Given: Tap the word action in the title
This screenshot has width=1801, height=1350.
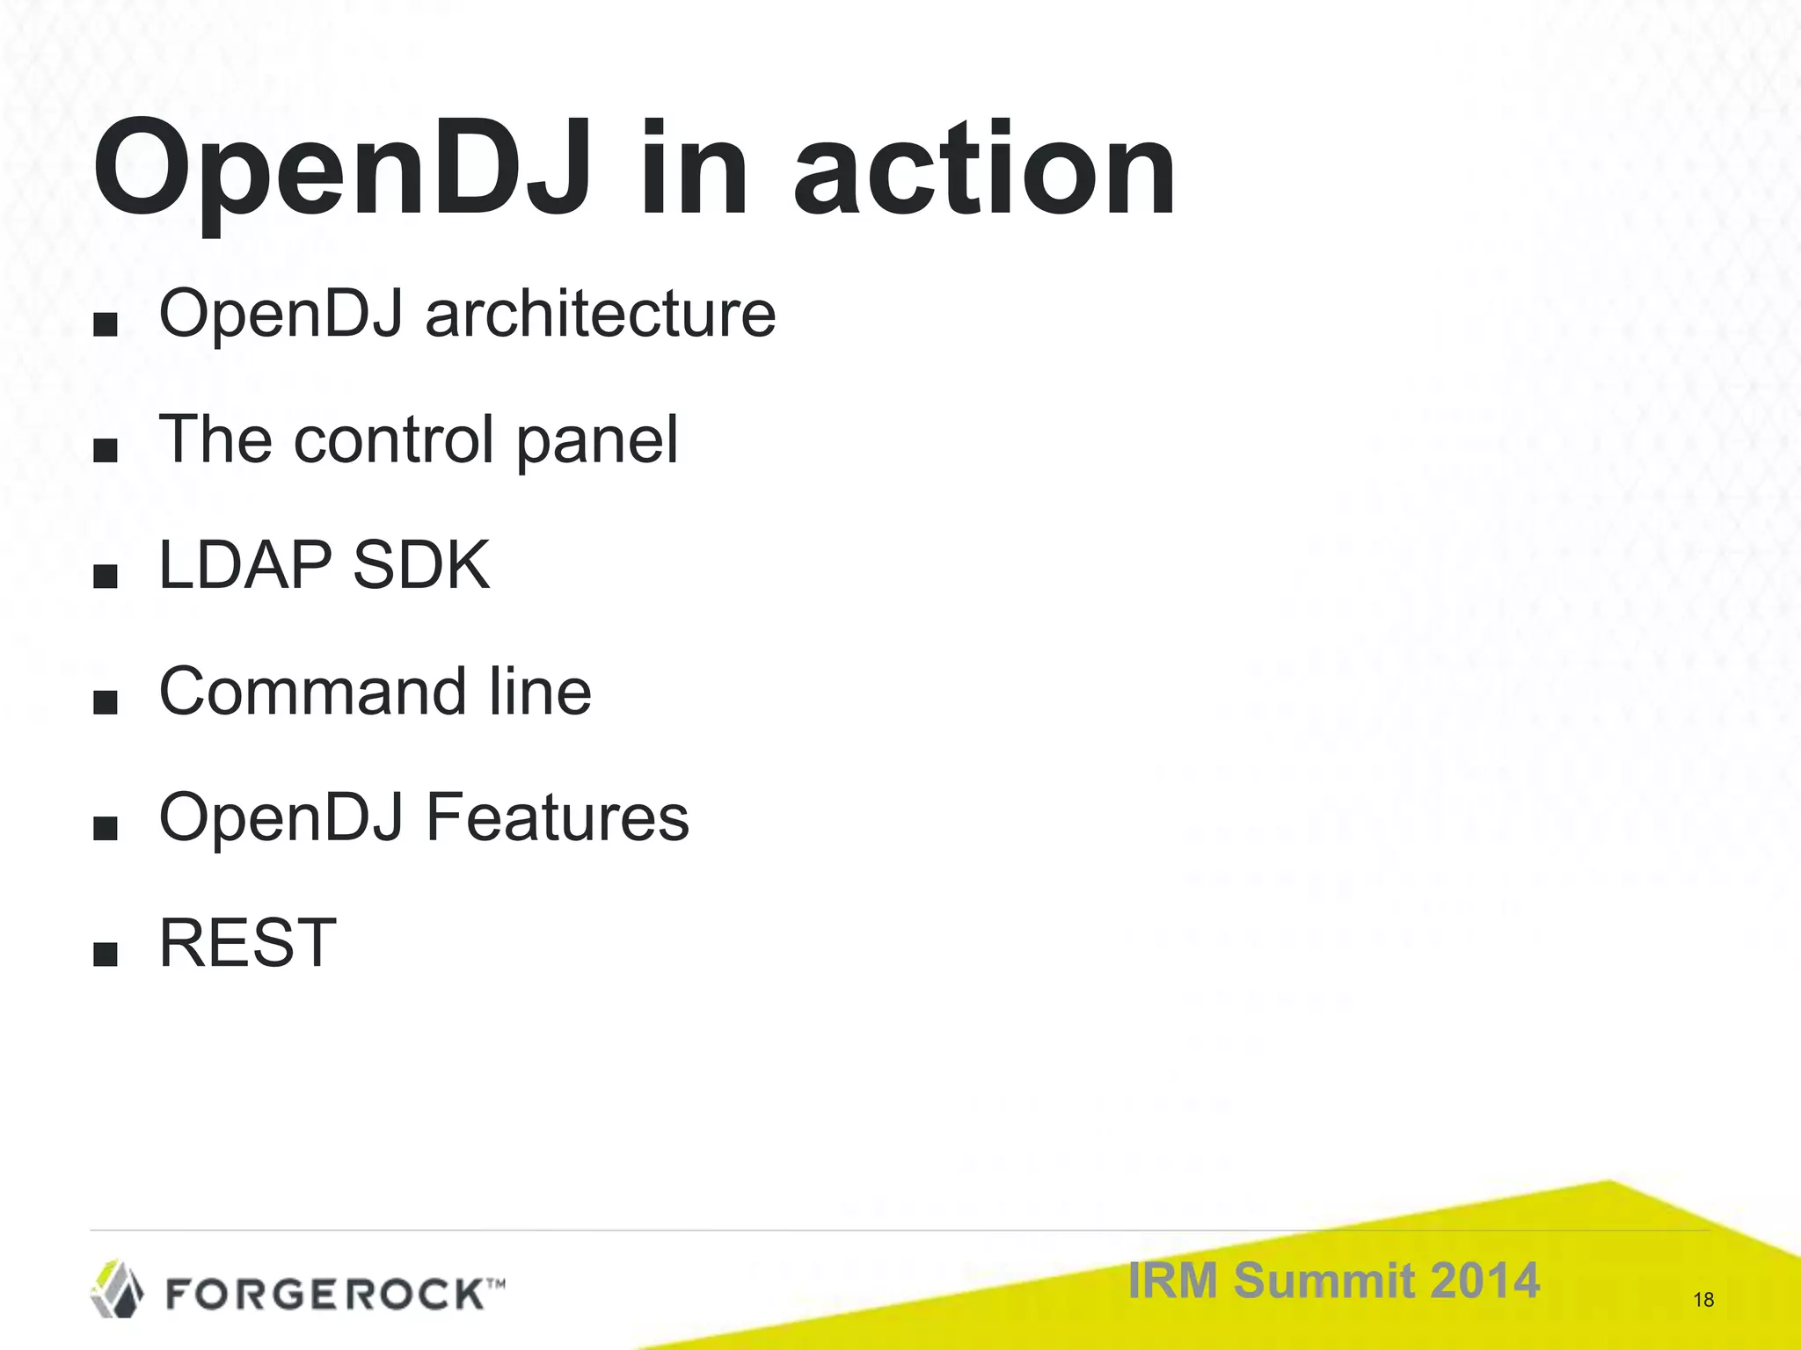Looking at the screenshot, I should [985, 171].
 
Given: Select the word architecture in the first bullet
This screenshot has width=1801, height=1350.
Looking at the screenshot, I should [601, 314].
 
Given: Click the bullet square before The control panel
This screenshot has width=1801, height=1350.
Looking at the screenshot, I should [105, 452].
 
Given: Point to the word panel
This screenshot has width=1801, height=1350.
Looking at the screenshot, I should [597, 439].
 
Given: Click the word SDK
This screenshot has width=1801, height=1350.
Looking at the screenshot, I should [420, 565].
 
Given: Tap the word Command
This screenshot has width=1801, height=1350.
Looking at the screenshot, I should [312, 692].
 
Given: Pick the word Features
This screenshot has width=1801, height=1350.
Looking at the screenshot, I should [558, 817].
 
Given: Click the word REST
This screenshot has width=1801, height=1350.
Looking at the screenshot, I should [248, 943].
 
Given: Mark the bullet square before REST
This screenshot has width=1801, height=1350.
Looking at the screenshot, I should [105, 954].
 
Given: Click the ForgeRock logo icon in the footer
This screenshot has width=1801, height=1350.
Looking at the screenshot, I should [117, 1288].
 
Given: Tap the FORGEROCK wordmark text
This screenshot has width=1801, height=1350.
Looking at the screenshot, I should [325, 1294].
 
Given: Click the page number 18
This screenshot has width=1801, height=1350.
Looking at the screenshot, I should [1703, 1300].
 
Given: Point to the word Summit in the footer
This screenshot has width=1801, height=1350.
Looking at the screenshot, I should [1323, 1280].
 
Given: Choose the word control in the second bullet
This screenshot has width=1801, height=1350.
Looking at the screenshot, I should [395, 439].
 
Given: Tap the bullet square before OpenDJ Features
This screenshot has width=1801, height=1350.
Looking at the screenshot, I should [105, 829].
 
